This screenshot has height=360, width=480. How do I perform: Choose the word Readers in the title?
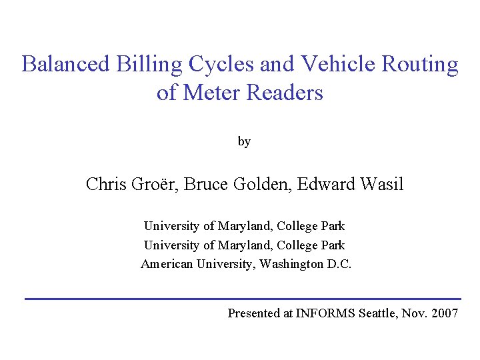click(x=285, y=93)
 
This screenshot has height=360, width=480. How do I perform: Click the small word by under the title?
click(x=244, y=141)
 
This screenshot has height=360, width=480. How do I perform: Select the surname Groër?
click(x=158, y=184)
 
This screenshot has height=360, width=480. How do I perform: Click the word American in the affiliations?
click(x=167, y=264)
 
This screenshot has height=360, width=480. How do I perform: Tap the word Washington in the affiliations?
click(x=291, y=264)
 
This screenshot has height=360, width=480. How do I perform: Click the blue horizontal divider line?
click(x=243, y=298)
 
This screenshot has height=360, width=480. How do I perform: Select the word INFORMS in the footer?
click(x=325, y=313)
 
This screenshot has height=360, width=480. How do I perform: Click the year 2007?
click(x=445, y=313)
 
